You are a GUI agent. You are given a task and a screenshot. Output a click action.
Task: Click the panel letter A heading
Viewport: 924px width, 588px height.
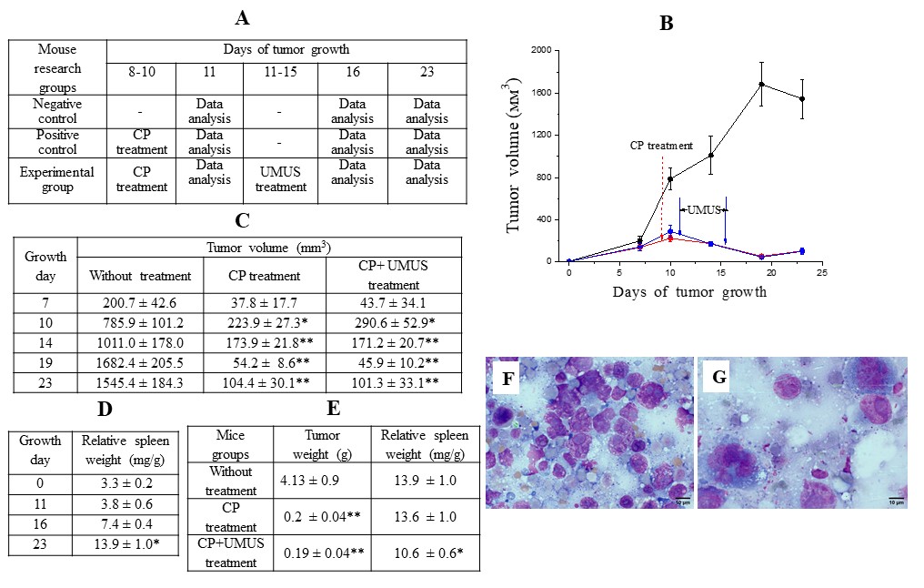coord(241,18)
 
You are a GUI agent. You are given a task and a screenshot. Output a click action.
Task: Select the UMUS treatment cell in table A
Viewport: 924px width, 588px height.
coord(280,179)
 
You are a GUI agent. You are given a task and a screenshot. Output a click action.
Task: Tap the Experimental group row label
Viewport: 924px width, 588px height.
coord(58,179)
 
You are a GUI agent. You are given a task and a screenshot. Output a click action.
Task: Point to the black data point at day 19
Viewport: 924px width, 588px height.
coord(760,85)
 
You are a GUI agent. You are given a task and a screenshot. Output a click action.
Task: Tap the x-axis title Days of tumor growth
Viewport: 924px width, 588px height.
coord(689,292)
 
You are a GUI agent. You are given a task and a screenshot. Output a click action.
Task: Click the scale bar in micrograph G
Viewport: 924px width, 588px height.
coord(895,497)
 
